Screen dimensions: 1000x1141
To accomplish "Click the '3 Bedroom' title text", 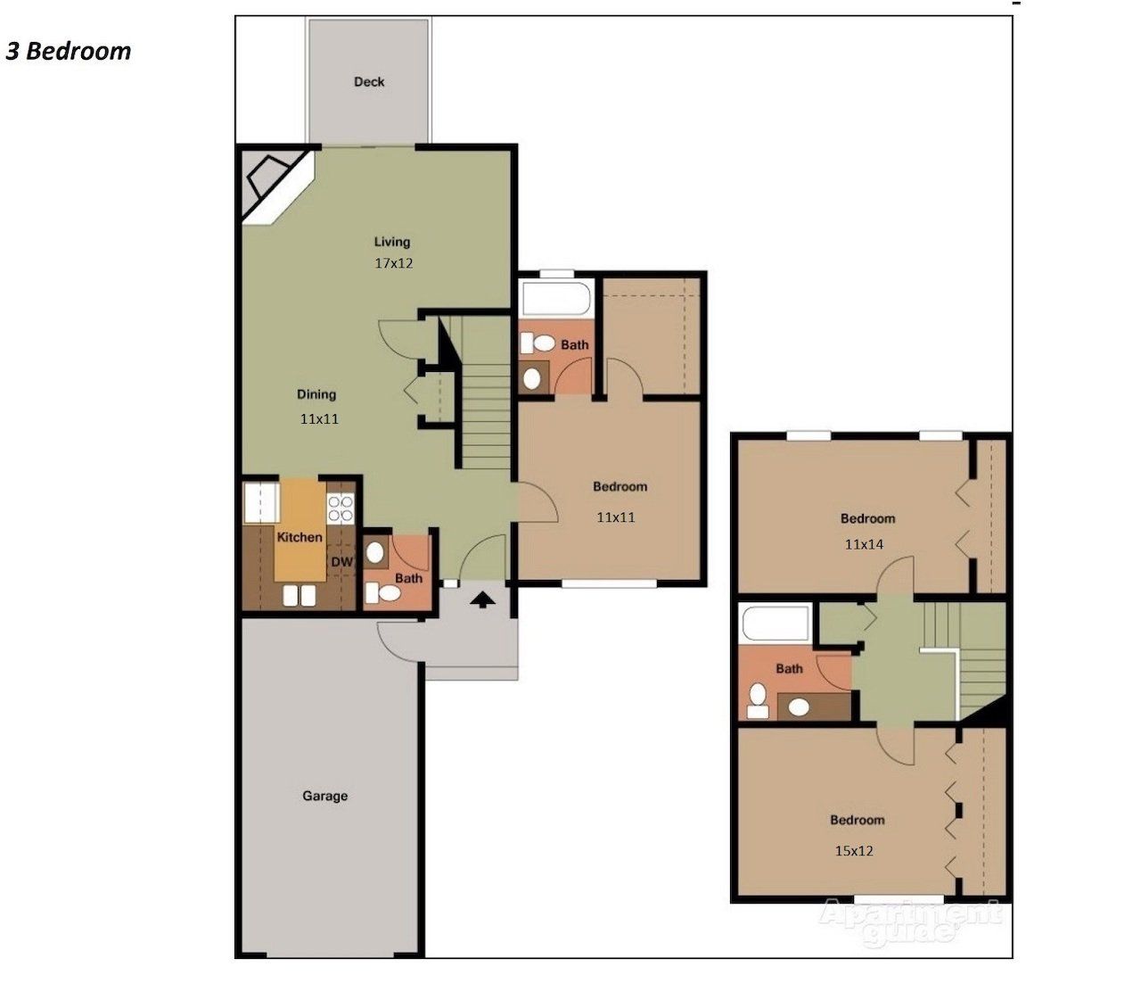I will [x=69, y=51].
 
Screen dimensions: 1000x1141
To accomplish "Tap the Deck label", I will [x=369, y=82].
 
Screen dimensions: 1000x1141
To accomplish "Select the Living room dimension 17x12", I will [x=393, y=263].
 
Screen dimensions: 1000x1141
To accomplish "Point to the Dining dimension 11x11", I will [x=319, y=418].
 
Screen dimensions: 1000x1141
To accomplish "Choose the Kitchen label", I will [x=300, y=537].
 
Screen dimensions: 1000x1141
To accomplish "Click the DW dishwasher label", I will [x=342, y=562].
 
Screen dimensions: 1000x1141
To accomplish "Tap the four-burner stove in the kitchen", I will [x=341, y=508].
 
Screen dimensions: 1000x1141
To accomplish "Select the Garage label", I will [x=324, y=796].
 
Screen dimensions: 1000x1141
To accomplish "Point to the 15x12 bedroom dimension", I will [x=853, y=851].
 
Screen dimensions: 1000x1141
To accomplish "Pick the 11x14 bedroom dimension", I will [x=864, y=543].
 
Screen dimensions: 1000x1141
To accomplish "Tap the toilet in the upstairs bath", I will [x=759, y=698].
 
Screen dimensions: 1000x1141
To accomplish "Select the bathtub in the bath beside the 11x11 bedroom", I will [x=556, y=299].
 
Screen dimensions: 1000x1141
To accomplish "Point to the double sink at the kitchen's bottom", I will [x=299, y=596].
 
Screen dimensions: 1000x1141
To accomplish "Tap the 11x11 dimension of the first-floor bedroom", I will [x=616, y=517].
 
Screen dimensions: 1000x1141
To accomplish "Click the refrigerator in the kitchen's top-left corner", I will [x=261, y=501].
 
